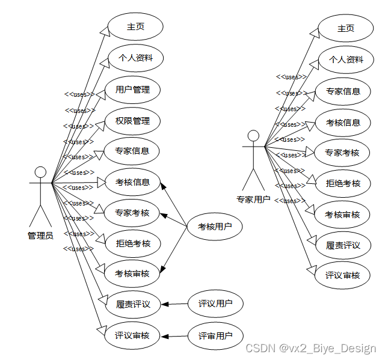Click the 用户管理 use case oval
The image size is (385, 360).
pyautogui.click(x=132, y=90)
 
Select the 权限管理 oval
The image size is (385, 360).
pyautogui.click(x=132, y=121)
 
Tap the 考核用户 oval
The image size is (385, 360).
pyautogui.click(x=215, y=227)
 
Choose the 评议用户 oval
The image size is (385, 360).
pyautogui.click(x=215, y=304)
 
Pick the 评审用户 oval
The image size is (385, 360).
pyautogui.click(x=215, y=335)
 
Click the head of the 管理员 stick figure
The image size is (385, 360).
pyautogui.click(x=40, y=172)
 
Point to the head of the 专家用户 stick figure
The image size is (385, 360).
pyautogui.click(x=253, y=136)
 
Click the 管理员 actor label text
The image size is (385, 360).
pyautogui.click(x=40, y=236)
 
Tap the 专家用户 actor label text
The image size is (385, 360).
pyautogui.click(x=253, y=200)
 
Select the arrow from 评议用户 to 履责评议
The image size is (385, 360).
pyautogui.click(x=174, y=304)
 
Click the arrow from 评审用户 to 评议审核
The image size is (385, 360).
pyautogui.click(x=174, y=335)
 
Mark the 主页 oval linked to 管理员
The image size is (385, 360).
pyautogui.click(x=135, y=27)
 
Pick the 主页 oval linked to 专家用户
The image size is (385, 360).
pyautogui.click(x=346, y=28)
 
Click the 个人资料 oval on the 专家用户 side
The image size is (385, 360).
pyautogui.click(x=346, y=59)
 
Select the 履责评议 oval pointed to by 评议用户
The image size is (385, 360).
pyautogui.click(x=133, y=304)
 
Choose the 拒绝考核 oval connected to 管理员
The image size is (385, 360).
pyautogui.click(x=133, y=243)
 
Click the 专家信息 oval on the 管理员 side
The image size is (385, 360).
pyautogui.click(x=132, y=151)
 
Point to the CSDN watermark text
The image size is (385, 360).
pyautogui.click(x=311, y=349)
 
